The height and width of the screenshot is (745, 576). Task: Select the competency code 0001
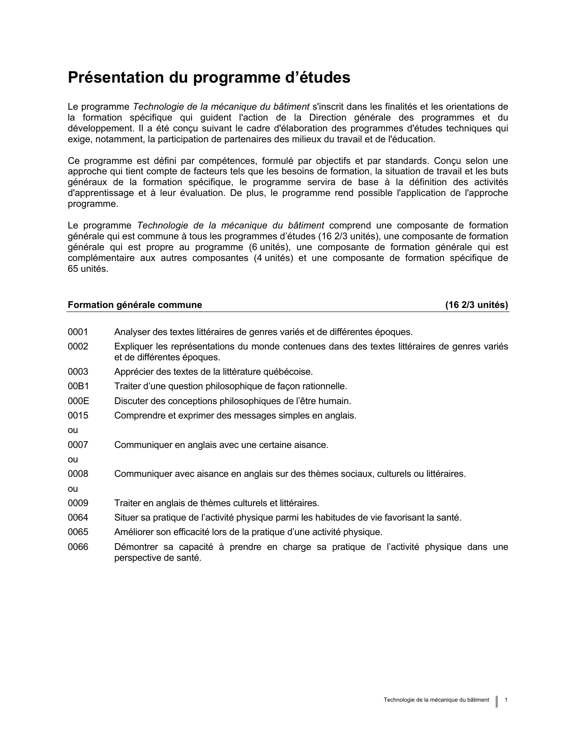pos(78,332)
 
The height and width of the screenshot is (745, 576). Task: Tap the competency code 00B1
pos(78,386)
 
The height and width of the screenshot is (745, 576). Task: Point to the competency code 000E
pos(78,401)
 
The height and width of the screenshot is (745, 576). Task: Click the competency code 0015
pos(78,415)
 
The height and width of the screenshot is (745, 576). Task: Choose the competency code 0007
pos(78,445)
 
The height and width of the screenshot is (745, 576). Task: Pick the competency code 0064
pos(78,518)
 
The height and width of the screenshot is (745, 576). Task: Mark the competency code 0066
pos(78,547)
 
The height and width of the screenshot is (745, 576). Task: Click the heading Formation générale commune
pos(135,305)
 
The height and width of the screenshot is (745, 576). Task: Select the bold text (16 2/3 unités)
pos(477,305)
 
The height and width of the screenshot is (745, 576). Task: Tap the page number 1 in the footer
pos(506,700)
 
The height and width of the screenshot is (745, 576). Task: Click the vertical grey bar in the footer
pos(497,701)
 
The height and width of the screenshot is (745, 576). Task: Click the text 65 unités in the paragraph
pos(88,269)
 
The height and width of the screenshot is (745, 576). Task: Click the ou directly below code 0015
pos(73,430)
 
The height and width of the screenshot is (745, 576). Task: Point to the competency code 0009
pos(78,503)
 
